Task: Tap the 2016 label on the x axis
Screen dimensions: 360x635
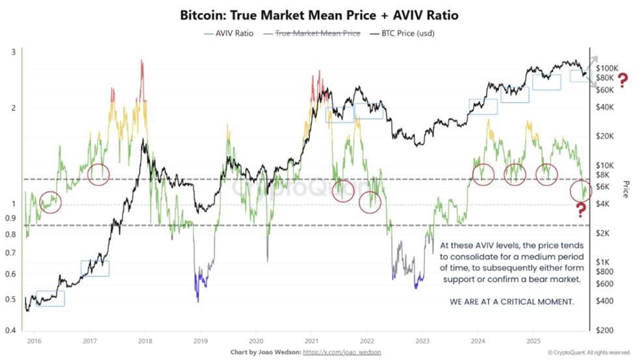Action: tap(34, 340)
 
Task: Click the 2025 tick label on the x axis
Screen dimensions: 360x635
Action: tap(533, 340)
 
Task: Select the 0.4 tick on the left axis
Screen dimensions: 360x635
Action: tap(11, 331)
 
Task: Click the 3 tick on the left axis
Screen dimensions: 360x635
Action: tap(14, 51)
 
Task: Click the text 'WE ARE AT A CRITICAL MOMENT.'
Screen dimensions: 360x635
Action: tap(513, 303)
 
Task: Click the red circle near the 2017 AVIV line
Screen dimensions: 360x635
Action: tap(98, 173)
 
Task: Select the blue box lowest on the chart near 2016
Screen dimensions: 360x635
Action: tap(50, 298)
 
